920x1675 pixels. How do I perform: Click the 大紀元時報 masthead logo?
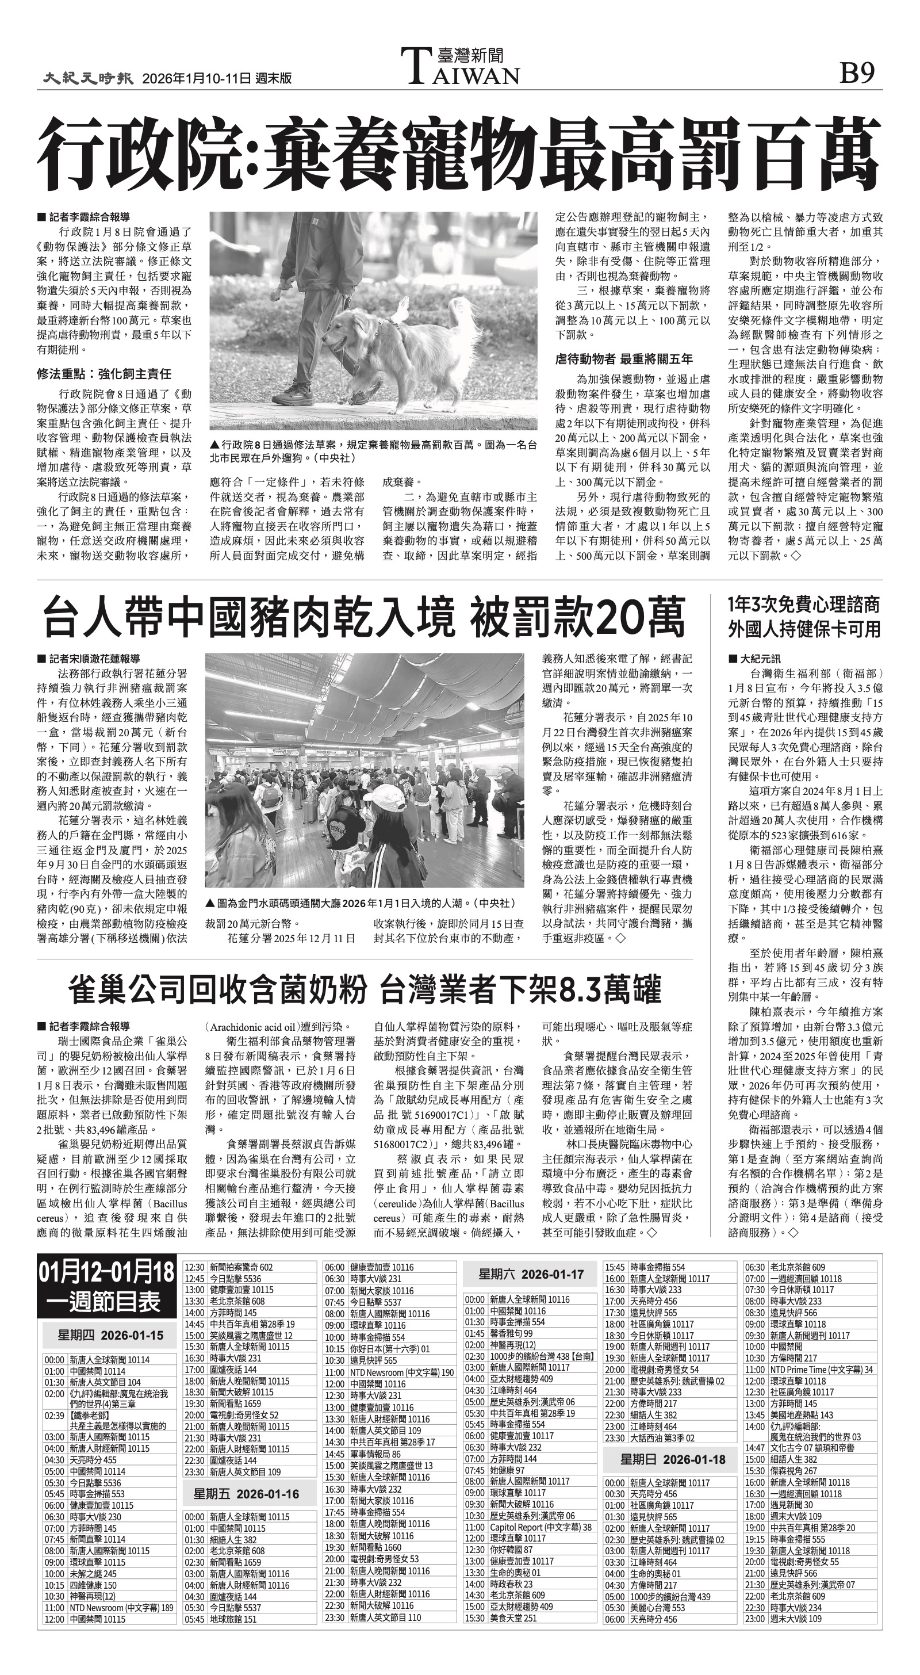(89, 79)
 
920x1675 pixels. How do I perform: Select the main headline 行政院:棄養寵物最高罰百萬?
(459, 154)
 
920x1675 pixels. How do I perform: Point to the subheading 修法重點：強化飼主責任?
(104, 374)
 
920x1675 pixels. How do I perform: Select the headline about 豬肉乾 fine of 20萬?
(364, 618)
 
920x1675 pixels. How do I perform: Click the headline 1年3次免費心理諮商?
(804, 605)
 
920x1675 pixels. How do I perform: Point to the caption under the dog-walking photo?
(373, 452)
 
